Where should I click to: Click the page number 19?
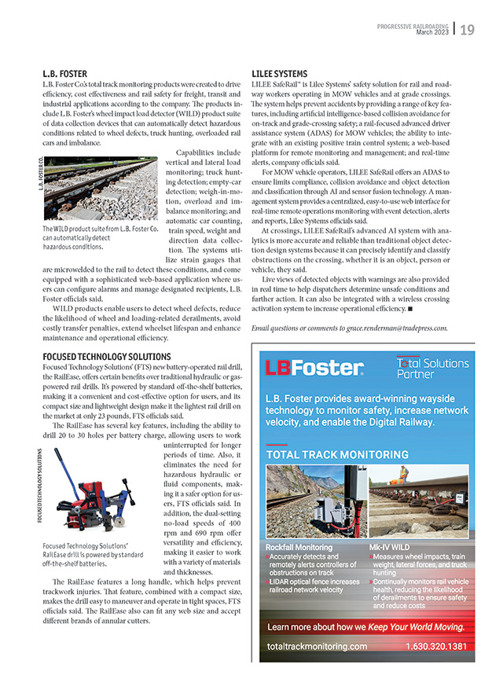pos(467,30)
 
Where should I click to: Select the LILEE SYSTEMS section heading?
pos(280,74)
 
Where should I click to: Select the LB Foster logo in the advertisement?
pos(314,367)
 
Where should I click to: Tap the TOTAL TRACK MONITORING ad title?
pos(325,454)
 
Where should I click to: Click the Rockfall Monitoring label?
pos(299,547)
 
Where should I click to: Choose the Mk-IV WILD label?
pos(391,547)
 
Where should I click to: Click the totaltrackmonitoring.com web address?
pos(317,646)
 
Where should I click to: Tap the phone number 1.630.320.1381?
pos(436,646)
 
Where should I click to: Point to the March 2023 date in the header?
pos(435,31)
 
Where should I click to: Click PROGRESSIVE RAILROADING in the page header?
pos(413,25)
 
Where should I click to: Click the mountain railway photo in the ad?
pos(314,500)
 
